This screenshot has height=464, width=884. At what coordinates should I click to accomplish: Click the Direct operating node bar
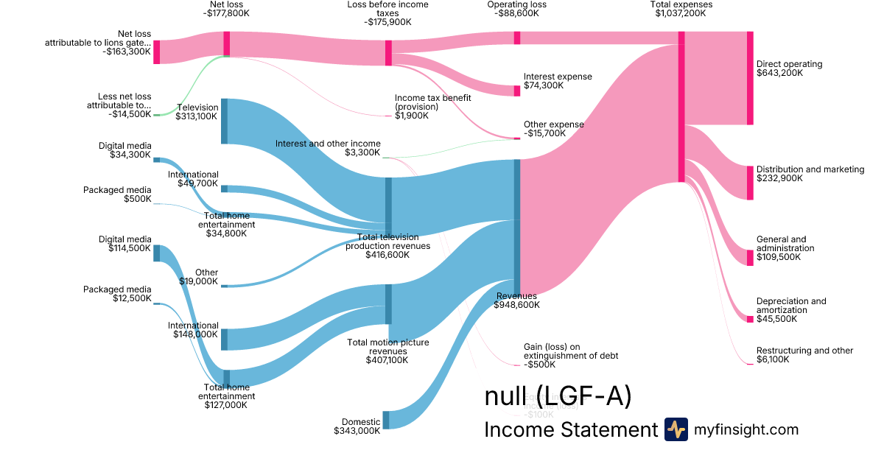pyautogui.click(x=750, y=78)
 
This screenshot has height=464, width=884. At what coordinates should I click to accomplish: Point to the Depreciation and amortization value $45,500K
pyautogui.click(x=772, y=319)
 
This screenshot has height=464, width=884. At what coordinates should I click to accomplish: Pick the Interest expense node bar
pyautogui.click(x=517, y=91)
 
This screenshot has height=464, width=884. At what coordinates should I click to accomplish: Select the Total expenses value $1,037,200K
pyautogui.click(x=681, y=13)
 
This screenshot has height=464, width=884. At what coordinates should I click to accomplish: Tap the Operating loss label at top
pyautogui.click(x=516, y=4)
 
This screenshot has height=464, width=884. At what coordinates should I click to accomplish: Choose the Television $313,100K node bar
pyautogui.click(x=224, y=121)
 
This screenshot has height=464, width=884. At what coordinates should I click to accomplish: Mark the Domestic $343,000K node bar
pyautogui.click(x=386, y=420)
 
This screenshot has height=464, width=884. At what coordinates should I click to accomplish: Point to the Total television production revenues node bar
pyautogui.click(x=388, y=206)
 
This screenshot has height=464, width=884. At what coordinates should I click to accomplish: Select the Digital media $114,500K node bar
pyautogui.click(x=156, y=253)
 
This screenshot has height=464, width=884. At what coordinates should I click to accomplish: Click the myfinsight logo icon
pyautogui.click(x=676, y=429)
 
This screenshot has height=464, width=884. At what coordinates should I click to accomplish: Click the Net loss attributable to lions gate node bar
pyautogui.click(x=156, y=52)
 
